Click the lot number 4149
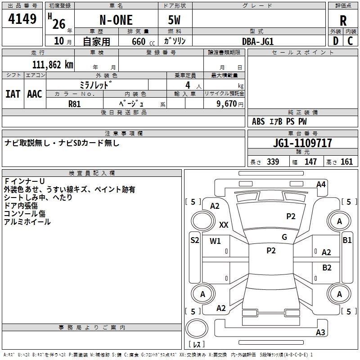tap(22, 19)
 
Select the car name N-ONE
tap(116, 20)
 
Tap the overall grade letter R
tap(343, 21)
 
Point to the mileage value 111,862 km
tap(53, 65)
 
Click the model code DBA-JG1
tap(258, 41)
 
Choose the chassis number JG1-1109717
tap(302, 143)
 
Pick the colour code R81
tap(74, 104)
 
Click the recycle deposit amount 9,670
tap(227, 103)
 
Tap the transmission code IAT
tap(13, 94)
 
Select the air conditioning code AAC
tap(35, 94)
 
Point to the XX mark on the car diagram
tap(224, 225)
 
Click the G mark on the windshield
tap(284, 237)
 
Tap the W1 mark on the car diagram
tap(215, 241)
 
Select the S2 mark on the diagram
tap(195, 240)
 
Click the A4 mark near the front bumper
tap(321, 184)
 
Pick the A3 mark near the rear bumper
tap(320, 332)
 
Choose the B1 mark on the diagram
tap(347, 240)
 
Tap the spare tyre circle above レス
tap(197, 328)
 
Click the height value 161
tap(346, 162)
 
